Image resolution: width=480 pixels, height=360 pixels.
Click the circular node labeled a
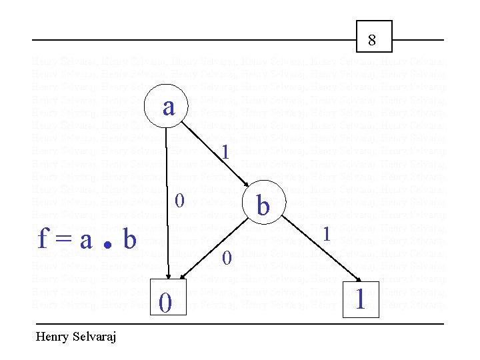[x=167, y=105]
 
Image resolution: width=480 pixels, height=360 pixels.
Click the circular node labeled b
[x=263, y=204]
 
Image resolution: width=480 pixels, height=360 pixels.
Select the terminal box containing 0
[x=166, y=301]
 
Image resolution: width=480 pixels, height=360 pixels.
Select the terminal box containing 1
[x=361, y=299]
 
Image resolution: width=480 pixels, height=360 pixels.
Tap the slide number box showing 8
[x=372, y=37]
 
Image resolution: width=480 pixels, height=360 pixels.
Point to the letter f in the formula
[x=43, y=239]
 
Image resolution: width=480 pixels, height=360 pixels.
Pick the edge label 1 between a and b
[x=226, y=153]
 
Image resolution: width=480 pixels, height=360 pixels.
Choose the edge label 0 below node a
[x=179, y=200]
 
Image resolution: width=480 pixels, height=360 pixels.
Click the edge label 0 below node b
[x=227, y=258]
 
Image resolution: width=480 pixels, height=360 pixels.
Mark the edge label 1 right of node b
[x=326, y=234]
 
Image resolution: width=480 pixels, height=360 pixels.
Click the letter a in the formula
[x=85, y=240]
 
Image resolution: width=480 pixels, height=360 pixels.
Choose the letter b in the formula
[x=129, y=239]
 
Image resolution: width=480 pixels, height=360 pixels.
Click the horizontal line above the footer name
[x=240, y=324]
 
